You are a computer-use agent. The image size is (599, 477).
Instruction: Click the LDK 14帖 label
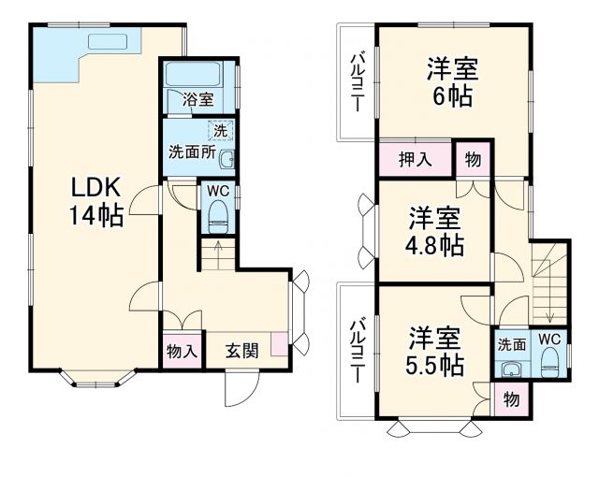[95, 201]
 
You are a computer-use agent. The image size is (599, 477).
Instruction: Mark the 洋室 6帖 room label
[453, 81]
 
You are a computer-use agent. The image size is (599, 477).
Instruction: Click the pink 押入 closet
[416, 159]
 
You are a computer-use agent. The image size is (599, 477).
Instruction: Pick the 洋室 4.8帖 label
[434, 231]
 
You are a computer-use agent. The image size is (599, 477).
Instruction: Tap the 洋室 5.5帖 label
[435, 350]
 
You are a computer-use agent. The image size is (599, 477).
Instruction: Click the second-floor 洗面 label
[511, 344]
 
